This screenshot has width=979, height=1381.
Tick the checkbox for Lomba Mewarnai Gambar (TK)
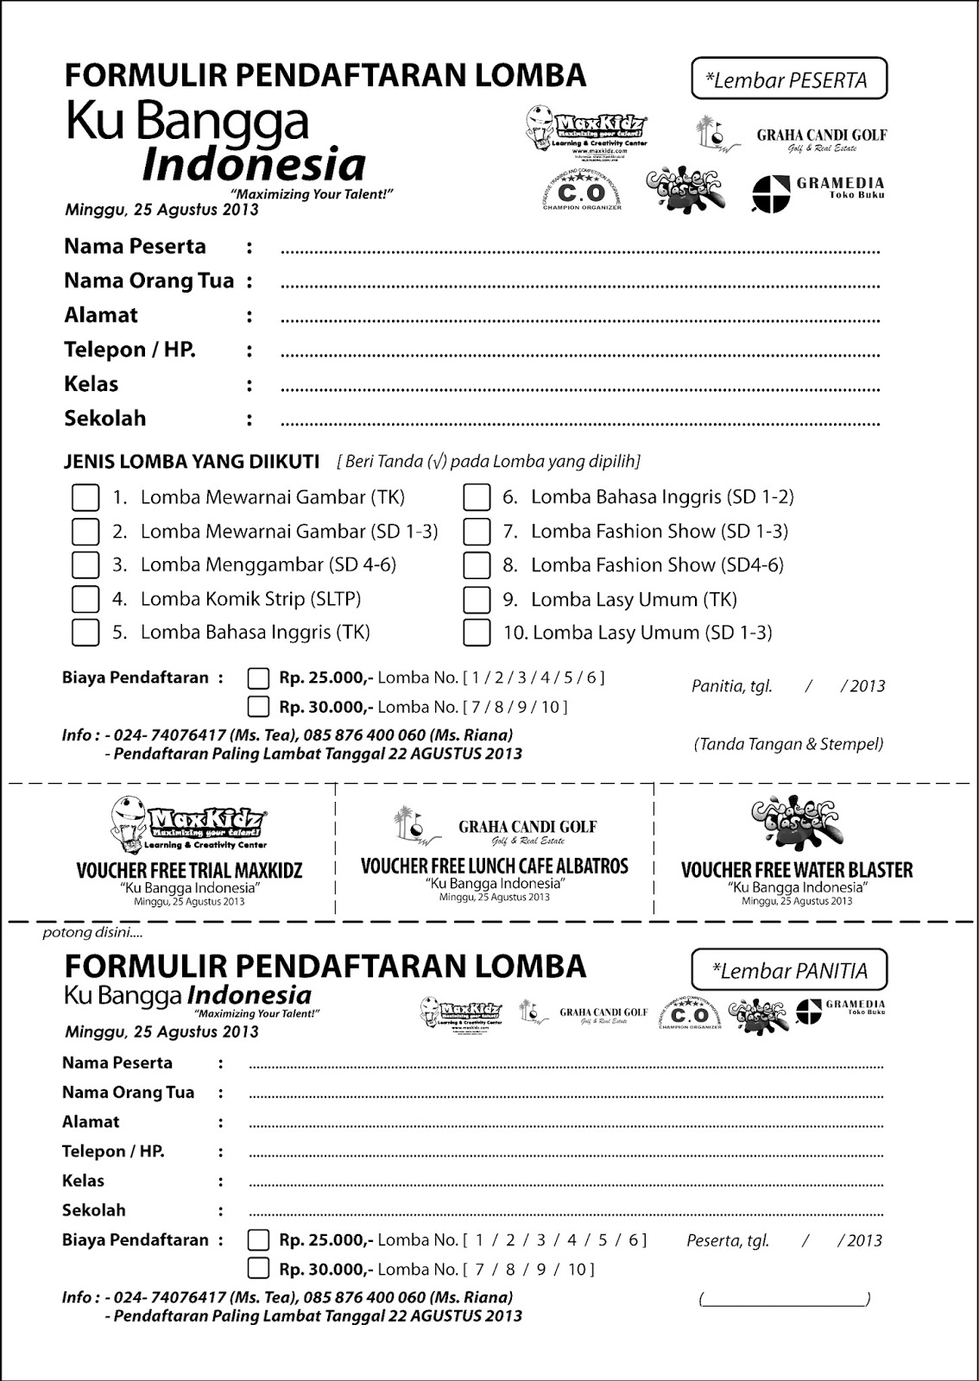85,497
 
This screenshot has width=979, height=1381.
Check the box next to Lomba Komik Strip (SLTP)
85,599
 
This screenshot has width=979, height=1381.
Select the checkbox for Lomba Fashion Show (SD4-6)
477,565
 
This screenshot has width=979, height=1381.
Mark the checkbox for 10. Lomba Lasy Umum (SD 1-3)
477,633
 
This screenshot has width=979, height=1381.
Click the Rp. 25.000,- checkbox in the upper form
258,678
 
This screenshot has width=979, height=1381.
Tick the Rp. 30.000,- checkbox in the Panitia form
258,1269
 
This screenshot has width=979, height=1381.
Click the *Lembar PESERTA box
788,79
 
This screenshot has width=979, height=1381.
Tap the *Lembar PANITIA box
788,969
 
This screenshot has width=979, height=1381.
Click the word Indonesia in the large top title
253,164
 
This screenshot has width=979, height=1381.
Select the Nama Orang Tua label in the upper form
148,281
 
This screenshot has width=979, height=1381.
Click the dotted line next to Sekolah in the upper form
578,424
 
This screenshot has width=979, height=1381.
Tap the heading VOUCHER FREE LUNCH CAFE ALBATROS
494,866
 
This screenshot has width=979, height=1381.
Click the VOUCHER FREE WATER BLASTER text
796,870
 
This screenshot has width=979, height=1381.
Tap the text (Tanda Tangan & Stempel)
787,744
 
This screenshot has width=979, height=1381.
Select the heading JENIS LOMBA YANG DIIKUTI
191,462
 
